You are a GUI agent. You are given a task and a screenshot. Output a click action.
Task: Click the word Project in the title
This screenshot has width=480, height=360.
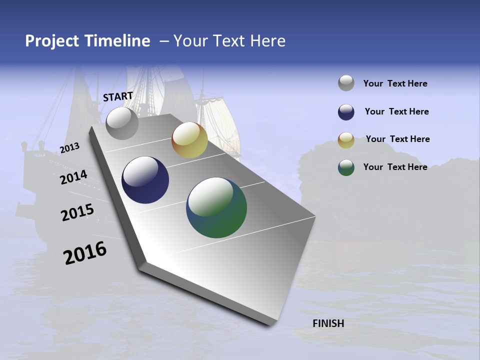[x=52, y=41]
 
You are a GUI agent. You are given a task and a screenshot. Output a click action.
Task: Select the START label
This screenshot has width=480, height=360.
[x=118, y=96]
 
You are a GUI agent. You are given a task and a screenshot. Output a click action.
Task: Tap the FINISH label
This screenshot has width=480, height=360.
[x=328, y=323]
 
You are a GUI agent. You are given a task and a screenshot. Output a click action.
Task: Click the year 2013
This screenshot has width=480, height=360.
[x=69, y=148]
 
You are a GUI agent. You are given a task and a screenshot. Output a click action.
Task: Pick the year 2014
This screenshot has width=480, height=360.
[x=73, y=177]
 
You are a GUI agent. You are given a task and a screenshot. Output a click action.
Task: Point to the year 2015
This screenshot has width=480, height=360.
[x=77, y=212]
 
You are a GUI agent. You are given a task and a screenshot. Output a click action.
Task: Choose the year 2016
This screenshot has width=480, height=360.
[x=85, y=253]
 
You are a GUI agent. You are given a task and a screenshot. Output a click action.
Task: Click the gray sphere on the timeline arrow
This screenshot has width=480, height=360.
[x=122, y=123]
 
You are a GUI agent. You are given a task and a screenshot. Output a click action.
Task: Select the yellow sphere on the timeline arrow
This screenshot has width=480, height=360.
[x=189, y=140]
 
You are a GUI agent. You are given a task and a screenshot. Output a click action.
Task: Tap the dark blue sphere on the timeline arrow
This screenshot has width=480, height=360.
[x=145, y=180]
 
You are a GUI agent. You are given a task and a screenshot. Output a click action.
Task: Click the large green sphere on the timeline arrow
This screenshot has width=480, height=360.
[x=216, y=207]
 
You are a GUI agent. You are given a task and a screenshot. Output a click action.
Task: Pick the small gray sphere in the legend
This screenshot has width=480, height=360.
[x=346, y=83]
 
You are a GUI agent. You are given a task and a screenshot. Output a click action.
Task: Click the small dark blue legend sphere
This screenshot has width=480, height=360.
[x=346, y=112]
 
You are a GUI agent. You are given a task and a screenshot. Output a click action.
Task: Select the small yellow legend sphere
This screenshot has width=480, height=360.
[x=346, y=140]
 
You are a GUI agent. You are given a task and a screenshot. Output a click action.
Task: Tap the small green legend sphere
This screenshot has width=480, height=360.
[x=346, y=167]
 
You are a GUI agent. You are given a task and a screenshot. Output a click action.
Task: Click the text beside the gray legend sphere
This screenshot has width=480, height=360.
[x=395, y=83]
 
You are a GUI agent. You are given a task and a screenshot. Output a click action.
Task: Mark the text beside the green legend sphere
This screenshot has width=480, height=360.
[x=395, y=167]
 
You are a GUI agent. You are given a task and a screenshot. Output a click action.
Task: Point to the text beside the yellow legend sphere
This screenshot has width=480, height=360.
[x=397, y=139]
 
